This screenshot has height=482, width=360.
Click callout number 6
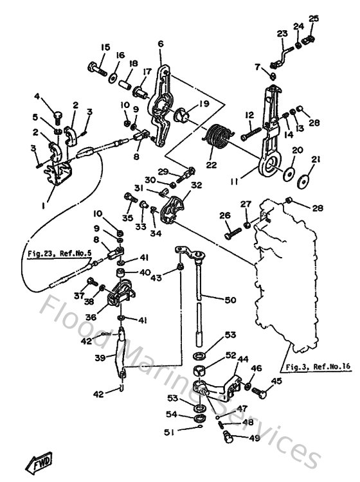click(x=160, y=44)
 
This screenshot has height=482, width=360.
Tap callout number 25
click(x=313, y=18)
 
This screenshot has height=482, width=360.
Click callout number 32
click(x=196, y=185)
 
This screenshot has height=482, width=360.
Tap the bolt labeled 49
click(x=226, y=438)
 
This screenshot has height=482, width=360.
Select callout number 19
click(x=204, y=103)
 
